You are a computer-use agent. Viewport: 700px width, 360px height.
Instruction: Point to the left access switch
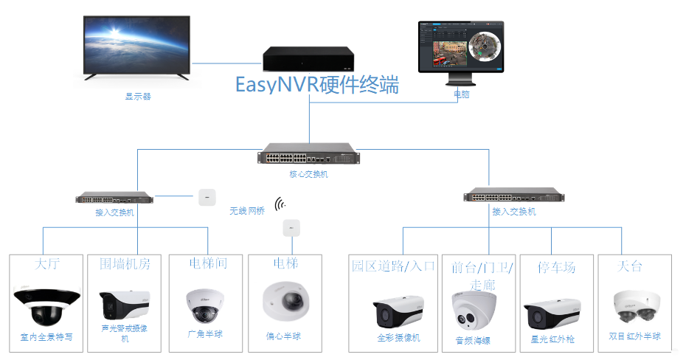click(x=114, y=198)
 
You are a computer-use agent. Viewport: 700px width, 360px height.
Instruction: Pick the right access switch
click(x=513, y=196)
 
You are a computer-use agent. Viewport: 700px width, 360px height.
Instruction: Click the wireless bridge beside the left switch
click(x=207, y=196)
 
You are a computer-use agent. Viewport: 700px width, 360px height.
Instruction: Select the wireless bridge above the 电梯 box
click(x=291, y=228)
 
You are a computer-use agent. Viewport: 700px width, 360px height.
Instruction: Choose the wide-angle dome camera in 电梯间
click(x=204, y=305)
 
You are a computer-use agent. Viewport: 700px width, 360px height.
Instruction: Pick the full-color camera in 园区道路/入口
click(x=398, y=313)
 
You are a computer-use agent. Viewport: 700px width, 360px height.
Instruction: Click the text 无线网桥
click(x=246, y=211)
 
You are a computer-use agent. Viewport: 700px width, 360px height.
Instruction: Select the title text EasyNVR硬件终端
click(x=317, y=85)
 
